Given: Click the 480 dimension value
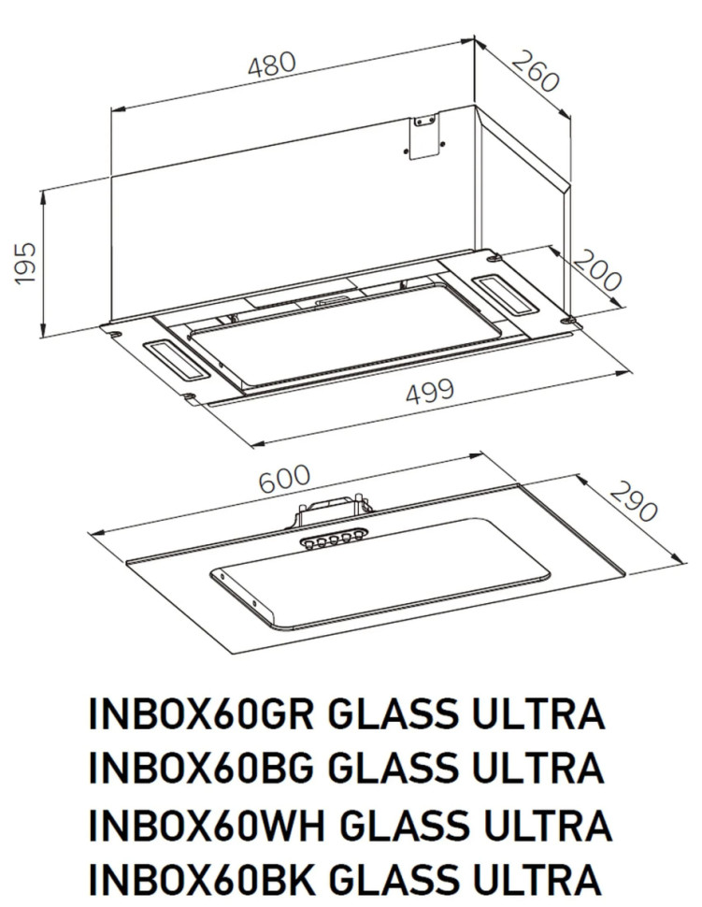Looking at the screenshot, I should [x=272, y=65].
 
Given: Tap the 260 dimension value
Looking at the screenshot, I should [x=537, y=68].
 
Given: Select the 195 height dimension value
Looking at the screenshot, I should [x=25, y=263].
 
